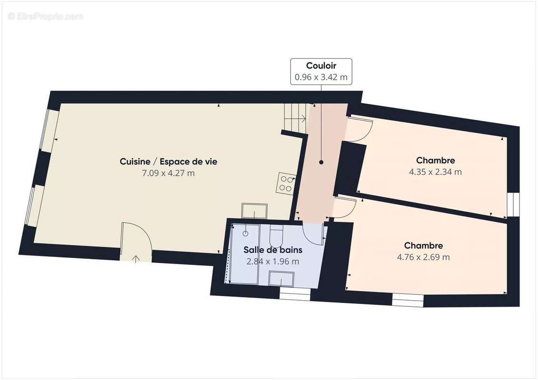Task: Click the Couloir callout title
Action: point(321,66)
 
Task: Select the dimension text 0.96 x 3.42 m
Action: point(321,77)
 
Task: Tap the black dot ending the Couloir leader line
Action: point(321,162)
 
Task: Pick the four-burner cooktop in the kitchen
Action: point(285,184)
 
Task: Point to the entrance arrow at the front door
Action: point(136,259)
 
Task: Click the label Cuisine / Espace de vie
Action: point(168,161)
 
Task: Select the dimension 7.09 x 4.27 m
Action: point(168,173)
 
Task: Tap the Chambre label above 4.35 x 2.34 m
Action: point(435,161)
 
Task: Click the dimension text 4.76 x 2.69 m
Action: point(423,257)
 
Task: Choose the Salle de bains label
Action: point(273,250)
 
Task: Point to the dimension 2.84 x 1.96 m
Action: point(273,261)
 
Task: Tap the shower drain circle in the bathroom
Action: point(245,233)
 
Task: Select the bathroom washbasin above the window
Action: point(281,278)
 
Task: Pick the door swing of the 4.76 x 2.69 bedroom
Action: point(343,208)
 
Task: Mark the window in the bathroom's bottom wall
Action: point(294,296)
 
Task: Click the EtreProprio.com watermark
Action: point(46,17)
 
